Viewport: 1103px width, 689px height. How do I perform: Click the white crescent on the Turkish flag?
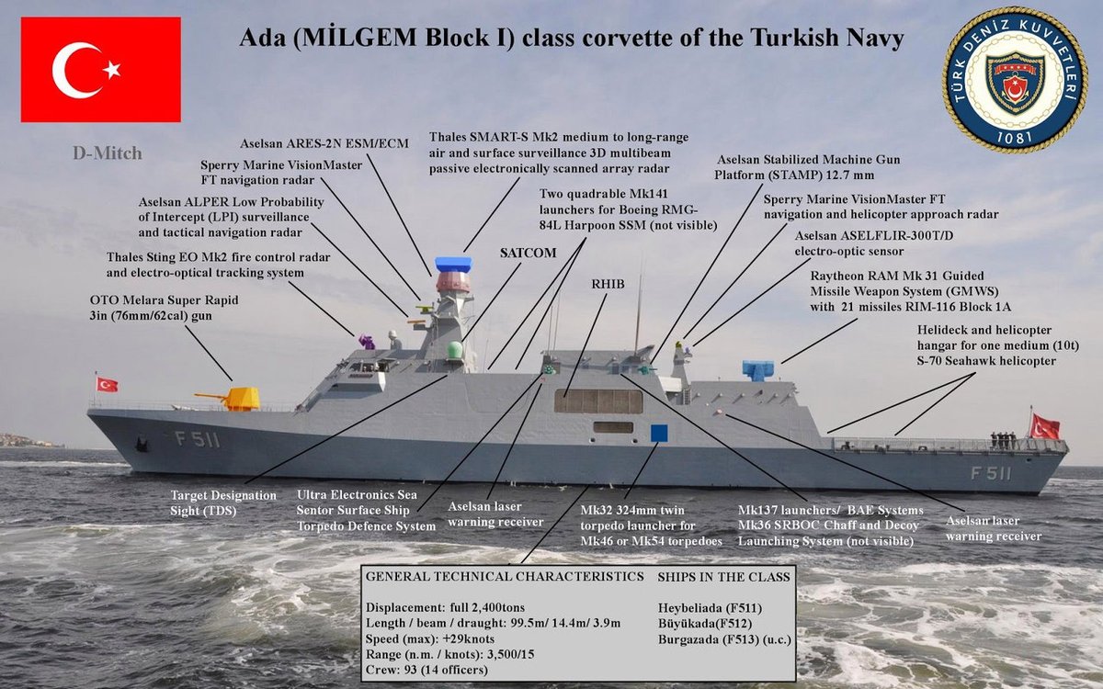[78, 69]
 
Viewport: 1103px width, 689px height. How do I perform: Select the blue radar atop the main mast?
[452, 264]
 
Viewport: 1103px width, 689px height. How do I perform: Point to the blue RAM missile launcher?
[757, 370]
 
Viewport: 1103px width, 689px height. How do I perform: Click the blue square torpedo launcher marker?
[659, 433]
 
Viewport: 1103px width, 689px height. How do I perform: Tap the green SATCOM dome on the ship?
[453, 351]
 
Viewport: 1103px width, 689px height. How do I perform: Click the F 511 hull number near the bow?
[198, 439]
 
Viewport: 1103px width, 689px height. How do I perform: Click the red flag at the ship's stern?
[1045, 426]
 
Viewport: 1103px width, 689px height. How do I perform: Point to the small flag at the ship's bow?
[107, 384]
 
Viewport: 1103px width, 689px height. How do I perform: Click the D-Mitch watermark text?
[108, 152]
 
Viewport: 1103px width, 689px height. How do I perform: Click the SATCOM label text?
[529, 253]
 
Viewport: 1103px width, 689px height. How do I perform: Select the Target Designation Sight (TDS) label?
[223, 502]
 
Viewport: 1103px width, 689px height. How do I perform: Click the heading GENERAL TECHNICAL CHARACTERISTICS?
[505, 576]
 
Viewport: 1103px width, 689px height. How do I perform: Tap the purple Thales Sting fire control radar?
[367, 342]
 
